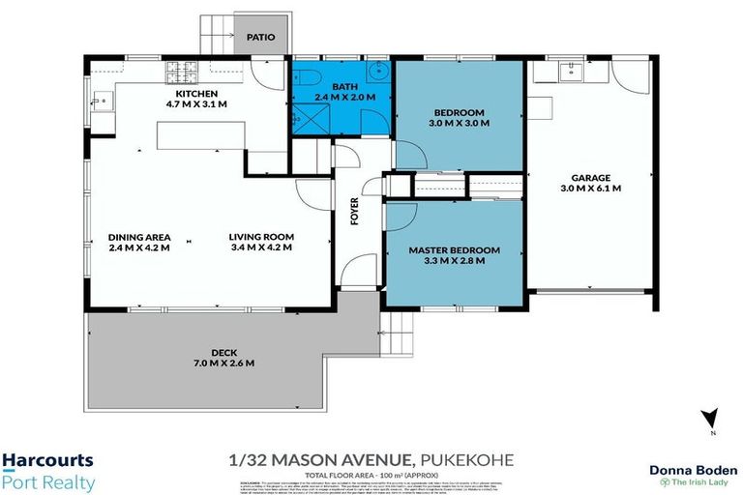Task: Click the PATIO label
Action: click(x=260, y=38)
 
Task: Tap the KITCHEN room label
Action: click(x=196, y=94)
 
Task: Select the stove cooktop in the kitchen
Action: click(x=183, y=71)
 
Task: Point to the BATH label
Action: click(x=342, y=85)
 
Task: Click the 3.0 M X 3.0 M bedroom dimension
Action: click(x=459, y=124)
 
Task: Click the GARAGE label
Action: click(x=590, y=177)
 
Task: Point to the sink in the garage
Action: click(x=572, y=69)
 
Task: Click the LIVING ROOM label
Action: click(x=261, y=237)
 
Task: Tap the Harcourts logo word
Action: click(x=47, y=461)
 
